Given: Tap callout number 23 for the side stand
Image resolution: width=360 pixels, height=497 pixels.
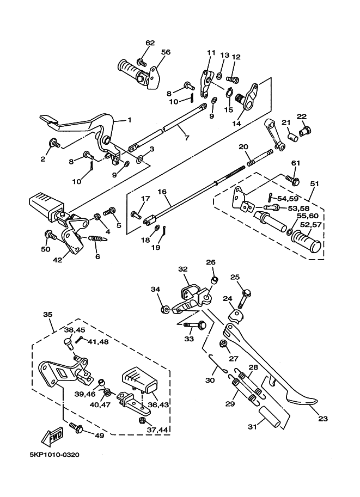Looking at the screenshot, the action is click(x=322, y=419).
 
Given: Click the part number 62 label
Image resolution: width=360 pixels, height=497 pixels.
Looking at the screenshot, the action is click(x=150, y=43).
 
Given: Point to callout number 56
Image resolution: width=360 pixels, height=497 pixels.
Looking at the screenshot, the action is click(x=166, y=52).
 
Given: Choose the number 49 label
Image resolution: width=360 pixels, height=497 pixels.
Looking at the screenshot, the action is click(x=99, y=435).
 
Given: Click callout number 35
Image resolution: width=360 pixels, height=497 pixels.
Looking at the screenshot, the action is click(x=47, y=315).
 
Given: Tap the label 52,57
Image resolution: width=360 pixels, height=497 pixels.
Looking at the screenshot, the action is click(x=311, y=225).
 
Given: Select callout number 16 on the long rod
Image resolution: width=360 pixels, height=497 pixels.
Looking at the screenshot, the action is click(x=162, y=192).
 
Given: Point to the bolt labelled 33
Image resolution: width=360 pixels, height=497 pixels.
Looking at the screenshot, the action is click(x=195, y=325).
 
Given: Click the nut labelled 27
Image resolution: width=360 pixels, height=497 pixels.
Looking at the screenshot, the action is click(x=224, y=343).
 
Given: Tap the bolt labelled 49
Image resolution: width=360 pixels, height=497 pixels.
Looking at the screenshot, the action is click(x=76, y=427).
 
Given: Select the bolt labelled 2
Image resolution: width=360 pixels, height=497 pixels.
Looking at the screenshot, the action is click(x=54, y=143).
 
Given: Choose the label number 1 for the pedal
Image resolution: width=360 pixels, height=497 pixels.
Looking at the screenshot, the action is click(x=130, y=120).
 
